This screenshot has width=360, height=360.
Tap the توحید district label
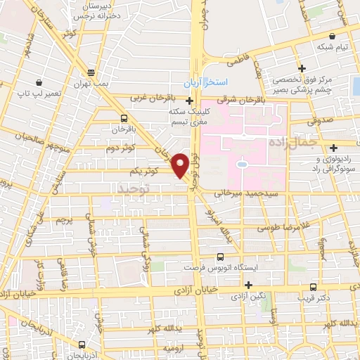[134, 189]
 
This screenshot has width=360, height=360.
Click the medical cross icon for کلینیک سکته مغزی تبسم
[188, 100]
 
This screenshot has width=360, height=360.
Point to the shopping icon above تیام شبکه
[331, 36]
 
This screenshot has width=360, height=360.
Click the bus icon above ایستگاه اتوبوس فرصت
[221, 257]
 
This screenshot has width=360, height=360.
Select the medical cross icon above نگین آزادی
[247, 284]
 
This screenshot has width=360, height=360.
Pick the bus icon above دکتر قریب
[313, 287]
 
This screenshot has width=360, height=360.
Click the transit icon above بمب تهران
[91, 72]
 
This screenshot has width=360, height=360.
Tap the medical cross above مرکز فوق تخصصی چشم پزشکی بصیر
[302, 68]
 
